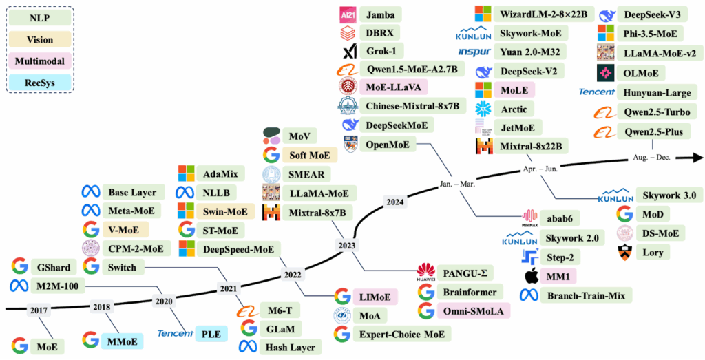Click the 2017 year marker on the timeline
[39, 310]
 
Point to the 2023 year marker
[347, 244]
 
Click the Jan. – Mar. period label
[459, 184]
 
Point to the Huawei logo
[428, 273]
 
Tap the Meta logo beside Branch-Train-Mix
[529, 295]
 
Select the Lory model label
[653, 253]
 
